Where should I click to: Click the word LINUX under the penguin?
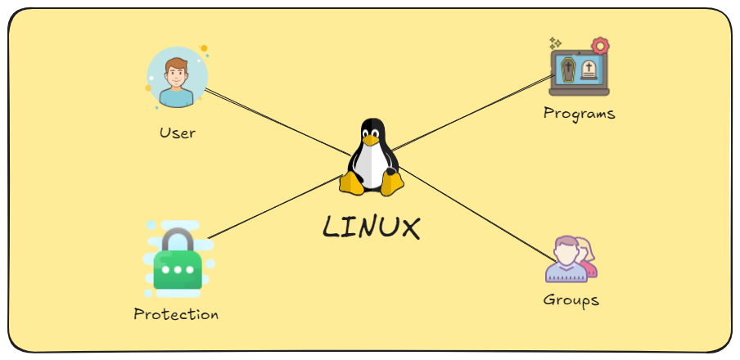pos(371,227)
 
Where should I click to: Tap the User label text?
pos(178,132)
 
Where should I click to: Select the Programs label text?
pos(579,113)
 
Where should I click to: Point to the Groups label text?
pos(571,299)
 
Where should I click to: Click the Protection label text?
pos(176,314)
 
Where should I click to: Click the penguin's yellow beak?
pos(372,140)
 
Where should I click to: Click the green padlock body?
pos(178,271)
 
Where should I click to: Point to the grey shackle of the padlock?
pos(178,241)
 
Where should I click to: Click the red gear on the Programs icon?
pos(601,46)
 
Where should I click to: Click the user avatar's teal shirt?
pos(177,98)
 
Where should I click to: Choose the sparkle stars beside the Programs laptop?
pos(555,42)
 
